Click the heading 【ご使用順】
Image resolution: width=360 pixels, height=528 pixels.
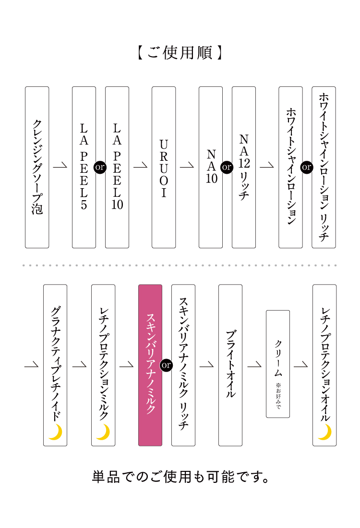coord(180,53)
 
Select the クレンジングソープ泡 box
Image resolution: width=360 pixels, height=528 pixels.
coord(37,168)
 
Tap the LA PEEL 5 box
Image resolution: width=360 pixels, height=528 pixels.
coord(84,168)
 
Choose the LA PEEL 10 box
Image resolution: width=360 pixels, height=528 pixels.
coord(117,168)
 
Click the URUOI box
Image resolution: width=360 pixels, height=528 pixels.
coord(164,168)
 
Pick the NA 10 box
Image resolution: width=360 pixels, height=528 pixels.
coord(210,168)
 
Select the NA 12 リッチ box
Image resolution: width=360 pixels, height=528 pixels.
coord(244,168)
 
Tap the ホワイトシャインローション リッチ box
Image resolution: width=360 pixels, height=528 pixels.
coord(324,168)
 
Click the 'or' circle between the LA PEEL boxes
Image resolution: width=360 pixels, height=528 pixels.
coord(100,167)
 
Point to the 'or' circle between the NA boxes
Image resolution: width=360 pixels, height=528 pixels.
coord(227,167)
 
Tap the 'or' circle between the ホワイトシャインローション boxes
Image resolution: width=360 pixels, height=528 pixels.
coord(307,167)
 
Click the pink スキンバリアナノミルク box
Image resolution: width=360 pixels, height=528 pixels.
coord(150,365)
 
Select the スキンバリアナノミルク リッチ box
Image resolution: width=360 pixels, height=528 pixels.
coord(183,365)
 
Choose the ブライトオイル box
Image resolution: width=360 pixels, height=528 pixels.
coord(230,365)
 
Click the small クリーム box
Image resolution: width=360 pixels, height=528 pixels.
coord(278,364)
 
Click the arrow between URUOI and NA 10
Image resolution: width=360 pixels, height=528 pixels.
coord(187,165)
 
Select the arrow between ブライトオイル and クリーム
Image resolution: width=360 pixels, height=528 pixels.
coord(254,364)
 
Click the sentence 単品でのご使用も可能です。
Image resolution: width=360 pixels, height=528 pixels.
coord(180,477)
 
